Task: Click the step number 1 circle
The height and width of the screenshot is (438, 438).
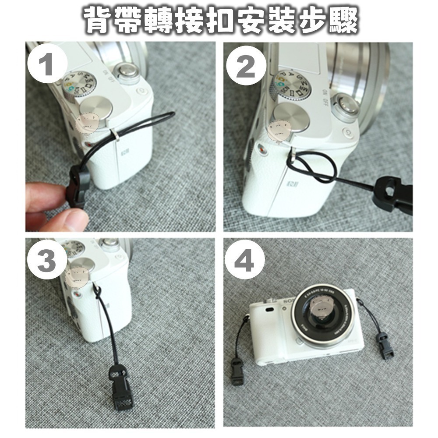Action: click(47, 66)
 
